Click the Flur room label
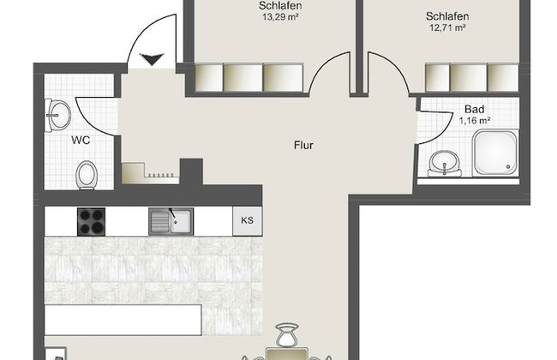[302, 145]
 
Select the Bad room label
[474, 109]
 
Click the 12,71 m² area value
[446, 27]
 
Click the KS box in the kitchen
[247, 220]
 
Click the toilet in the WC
[86, 176]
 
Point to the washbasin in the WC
[57, 111]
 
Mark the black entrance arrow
[152, 59]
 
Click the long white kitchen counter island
[122, 319]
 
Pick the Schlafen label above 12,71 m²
[446, 15]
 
